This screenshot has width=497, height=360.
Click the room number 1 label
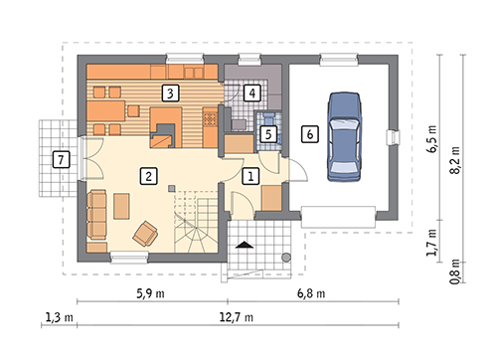tap(250, 176)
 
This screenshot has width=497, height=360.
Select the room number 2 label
tap(148, 176)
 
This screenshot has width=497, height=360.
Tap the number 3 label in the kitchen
tap(170, 93)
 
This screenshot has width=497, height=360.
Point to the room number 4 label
tap(252, 93)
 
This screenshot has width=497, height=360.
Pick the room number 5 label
tap(268, 134)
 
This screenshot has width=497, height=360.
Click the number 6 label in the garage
tap(310, 134)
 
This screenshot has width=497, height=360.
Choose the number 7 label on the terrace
tap(61, 160)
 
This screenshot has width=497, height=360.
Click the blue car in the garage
tap(344, 136)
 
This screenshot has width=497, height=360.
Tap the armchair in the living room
tap(145, 234)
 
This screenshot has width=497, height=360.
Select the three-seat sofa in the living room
tap(96, 215)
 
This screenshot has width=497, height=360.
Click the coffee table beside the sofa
tap(121, 206)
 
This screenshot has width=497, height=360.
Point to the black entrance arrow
tap(245, 245)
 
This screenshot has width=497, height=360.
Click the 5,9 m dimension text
tap(151, 293)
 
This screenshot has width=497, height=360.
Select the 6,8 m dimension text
tap(311, 293)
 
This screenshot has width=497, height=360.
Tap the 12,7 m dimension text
tap(237, 317)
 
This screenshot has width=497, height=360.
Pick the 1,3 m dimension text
tap(59, 317)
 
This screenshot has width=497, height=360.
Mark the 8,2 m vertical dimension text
tap(455, 160)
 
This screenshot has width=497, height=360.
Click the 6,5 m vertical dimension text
tap(432, 139)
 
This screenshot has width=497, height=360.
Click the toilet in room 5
tap(268, 118)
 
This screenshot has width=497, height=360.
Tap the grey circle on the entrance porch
tap(286, 258)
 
